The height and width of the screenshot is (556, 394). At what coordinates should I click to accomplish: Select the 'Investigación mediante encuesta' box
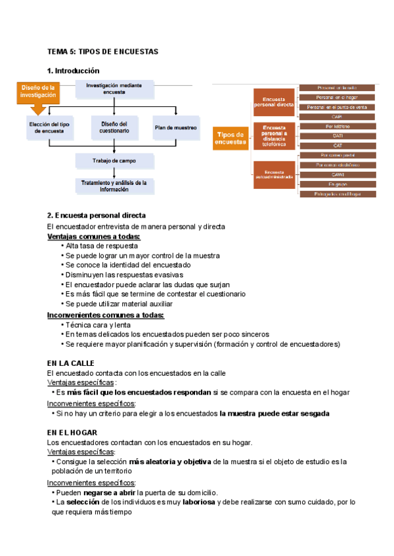click(114, 89)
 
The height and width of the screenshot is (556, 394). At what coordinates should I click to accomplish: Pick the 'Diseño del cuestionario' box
click(114, 127)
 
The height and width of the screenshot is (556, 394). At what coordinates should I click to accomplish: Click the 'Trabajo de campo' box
click(114, 161)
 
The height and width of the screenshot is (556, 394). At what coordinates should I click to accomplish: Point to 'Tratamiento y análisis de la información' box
click(114, 186)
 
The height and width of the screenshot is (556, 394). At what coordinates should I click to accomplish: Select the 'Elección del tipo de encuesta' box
click(50, 127)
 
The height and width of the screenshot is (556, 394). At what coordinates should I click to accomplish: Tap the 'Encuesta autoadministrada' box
click(274, 174)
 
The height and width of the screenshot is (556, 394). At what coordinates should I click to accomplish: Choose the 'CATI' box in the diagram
click(338, 136)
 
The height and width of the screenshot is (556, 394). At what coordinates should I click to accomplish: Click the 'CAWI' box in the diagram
click(338, 175)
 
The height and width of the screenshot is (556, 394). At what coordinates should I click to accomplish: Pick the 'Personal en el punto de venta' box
click(338, 107)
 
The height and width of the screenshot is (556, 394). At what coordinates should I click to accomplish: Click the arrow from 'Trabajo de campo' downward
click(115, 172)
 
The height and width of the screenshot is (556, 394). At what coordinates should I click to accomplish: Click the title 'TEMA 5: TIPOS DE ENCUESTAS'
click(102, 51)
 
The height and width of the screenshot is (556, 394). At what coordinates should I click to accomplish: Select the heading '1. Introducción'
click(74, 70)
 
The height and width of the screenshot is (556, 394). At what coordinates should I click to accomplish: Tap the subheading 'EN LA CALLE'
click(71, 363)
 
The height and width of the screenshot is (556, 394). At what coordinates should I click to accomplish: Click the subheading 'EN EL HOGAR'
click(72, 433)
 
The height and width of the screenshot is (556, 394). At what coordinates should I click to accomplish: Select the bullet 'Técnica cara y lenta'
click(98, 325)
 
